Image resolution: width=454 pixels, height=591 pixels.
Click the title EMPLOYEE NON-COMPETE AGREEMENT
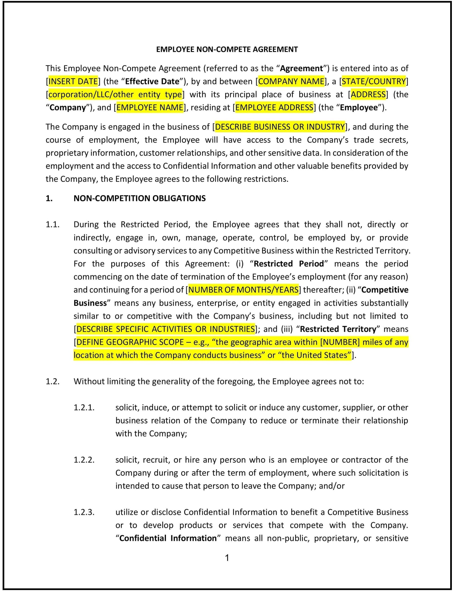tap(227, 49)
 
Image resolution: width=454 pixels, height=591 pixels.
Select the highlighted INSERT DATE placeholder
tap(73, 81)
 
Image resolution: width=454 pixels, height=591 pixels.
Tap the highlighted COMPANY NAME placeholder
tap(291, 81)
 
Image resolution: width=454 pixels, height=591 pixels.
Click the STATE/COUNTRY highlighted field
tap(374, 81)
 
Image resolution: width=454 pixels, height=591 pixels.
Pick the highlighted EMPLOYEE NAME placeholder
tap(150, 108)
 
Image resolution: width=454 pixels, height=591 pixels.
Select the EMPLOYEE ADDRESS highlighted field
tap(274, 108)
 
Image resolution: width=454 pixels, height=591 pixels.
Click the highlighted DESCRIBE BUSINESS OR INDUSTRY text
tap(280, 127)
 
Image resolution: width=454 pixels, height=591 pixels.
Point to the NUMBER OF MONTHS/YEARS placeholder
tap(243, 290)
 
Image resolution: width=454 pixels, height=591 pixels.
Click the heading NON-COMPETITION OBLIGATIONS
tap(140, 199)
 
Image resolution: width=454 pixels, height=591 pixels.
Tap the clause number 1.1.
tap(52, 225)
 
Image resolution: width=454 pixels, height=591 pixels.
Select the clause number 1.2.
tap(52, 382)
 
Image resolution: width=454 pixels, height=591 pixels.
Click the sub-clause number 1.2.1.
tap(84, 408)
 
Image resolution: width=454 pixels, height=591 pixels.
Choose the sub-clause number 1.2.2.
tap(84, 460)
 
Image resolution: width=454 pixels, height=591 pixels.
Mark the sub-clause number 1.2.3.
tap(84, 512)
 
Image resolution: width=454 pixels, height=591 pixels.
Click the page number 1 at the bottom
tap(227, 558)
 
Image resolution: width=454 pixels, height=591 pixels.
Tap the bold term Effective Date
tap(152, 81)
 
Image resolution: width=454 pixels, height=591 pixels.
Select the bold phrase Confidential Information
tap(168, 538)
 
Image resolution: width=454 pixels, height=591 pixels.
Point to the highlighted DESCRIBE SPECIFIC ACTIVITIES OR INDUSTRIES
tap(166, 329)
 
